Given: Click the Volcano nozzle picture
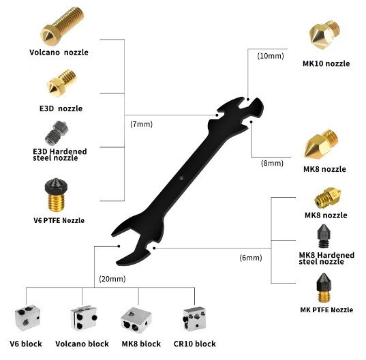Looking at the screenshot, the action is (x=62, y=26).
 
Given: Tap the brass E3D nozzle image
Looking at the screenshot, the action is (x=61, y=83).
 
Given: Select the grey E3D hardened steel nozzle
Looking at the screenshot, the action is (x=57, y=133).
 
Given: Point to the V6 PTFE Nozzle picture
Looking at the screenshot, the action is (x=56, y=195).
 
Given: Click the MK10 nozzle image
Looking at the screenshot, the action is (x=324, y=35).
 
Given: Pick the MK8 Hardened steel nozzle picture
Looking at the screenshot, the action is (x=324, y=236).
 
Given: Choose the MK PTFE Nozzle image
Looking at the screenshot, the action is (x=324, y=288).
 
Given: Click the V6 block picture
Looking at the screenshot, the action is (x=27, y=318).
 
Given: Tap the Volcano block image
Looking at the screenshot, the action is (x=84, y=318).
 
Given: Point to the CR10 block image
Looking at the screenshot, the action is (x=194, y=318).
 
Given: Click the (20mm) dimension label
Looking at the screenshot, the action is (x=112, y=279).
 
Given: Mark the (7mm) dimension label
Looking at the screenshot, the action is (x=142, y=124).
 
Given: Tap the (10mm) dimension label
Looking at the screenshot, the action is (x=271, y=56).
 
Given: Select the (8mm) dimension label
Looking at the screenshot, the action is (x=272, y=163).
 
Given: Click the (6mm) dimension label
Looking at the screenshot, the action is (x=251, y=258).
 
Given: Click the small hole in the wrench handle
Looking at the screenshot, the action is (x=181, y=178).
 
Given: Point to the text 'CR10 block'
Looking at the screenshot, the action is (x=195, y=344).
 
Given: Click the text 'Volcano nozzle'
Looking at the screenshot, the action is (x=59, y=52).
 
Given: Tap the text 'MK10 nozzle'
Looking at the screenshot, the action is (x=326, y=63).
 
